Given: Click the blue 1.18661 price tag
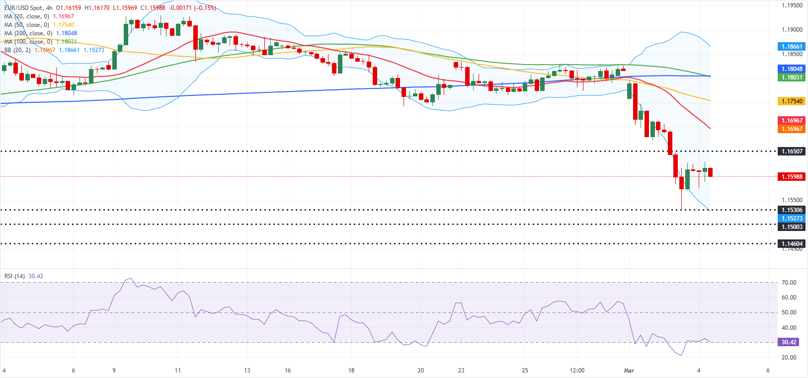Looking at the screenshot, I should point(792,46).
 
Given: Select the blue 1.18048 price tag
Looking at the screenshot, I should point(792,69).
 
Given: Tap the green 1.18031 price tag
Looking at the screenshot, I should point(792,77).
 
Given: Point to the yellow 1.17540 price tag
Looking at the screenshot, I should point(792,101).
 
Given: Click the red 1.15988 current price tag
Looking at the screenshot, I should point(792,176).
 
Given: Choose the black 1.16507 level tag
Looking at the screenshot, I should point(792,151).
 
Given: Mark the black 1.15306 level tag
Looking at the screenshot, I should point(792,210).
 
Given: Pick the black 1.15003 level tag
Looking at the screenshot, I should point(792,227).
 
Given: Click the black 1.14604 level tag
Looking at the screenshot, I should point(792,243).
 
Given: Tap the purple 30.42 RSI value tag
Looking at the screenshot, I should point(789,342).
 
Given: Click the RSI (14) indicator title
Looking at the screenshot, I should point(14,276).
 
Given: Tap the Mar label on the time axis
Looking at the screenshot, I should point(629,370).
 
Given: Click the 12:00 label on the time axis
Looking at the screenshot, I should point(577,370).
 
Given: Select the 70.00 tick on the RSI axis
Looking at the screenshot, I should point(789,282).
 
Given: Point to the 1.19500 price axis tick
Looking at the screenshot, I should point(792,5).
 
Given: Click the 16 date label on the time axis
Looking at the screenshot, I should point(288,370).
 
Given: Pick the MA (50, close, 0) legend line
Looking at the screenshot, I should point(27,25).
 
